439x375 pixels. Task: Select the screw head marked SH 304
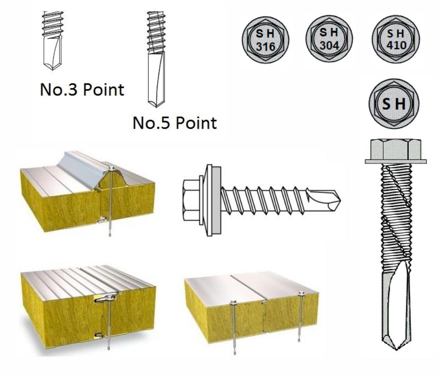(x=329, y=38)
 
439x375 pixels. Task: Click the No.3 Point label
(x=82, y=90)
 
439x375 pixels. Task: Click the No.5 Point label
(x=174, y=123)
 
